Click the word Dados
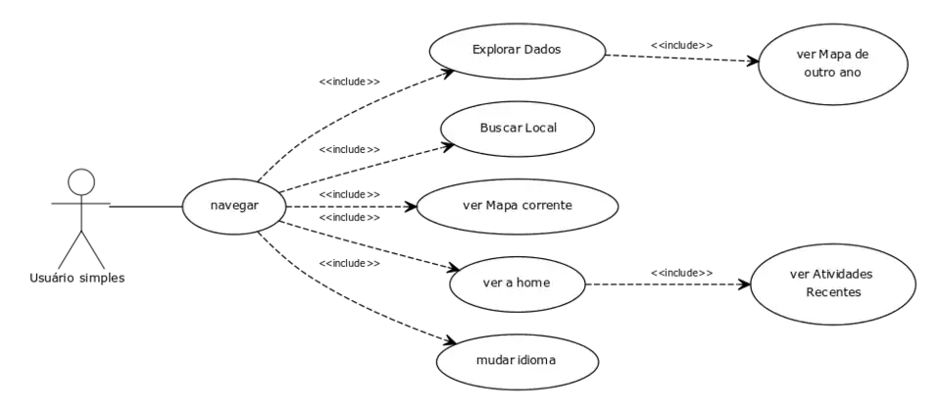(541, 49)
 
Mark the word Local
(541, 129)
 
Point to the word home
(533, 283)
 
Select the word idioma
(535, 360)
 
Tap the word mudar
(495, 360)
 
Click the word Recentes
(833, 292)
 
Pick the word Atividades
(843, 275)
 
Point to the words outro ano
(832, 73)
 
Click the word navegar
(235, 206)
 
